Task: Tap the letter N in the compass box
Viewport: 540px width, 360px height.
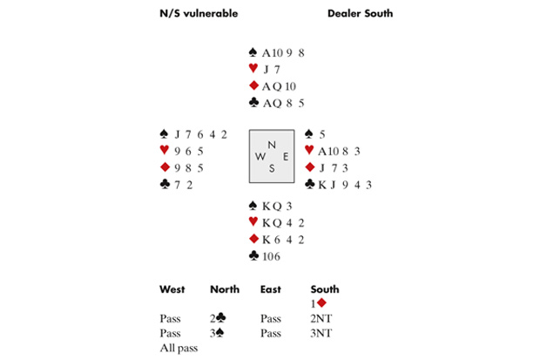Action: coord(272,144)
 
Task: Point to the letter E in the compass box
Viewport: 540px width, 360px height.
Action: coord(284,157)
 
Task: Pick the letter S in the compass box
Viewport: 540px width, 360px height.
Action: coord(272,169)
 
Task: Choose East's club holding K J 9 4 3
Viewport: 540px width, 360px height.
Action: coord(345,184)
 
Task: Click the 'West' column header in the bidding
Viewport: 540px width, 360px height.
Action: coord(172,289)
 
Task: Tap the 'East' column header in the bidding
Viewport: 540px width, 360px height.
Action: coord(270,289)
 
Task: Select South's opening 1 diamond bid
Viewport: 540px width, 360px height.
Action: coord(317,303)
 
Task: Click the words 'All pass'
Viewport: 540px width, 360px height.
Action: coord(180,348)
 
